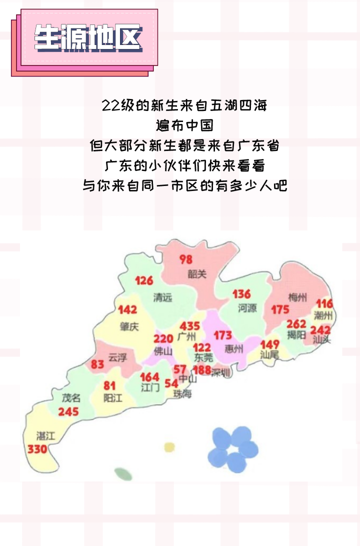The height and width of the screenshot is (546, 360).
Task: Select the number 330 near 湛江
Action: (x=37, y=449)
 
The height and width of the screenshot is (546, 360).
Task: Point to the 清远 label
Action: (x=162, y=297)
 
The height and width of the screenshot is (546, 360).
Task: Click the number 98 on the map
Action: (x=186, y=259)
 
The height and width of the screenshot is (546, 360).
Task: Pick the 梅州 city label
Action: (x=297, y=297)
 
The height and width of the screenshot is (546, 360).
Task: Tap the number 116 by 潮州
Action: (x=324, y=303)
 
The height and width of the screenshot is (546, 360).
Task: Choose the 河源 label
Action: (x=247, y=308)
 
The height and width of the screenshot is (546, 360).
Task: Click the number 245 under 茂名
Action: (x=68, y=412)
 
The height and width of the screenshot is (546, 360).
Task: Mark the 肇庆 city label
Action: (x=129, y=326)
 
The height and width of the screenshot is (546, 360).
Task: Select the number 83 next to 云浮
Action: (x=97, y=364)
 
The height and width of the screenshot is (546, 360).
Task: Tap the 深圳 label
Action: (x=220, y=372)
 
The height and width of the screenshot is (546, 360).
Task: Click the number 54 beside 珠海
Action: (x=171, y=383)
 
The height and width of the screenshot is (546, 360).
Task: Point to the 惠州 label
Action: (x=234, y=348)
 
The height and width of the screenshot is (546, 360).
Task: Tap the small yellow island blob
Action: (x=170, y=446)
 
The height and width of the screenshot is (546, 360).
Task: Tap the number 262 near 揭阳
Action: (x=296, y=324)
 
